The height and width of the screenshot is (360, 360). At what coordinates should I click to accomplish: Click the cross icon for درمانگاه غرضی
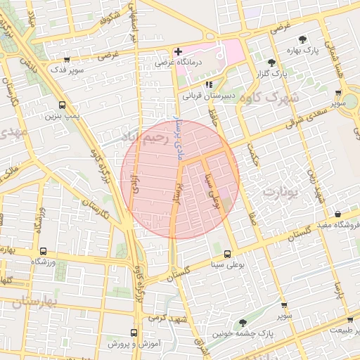[178, 52]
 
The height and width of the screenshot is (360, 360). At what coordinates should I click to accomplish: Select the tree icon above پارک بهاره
[302, 40]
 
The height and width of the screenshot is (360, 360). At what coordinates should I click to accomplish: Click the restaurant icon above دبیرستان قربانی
[208, 84]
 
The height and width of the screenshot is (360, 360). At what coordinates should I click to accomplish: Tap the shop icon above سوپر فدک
[66, 60]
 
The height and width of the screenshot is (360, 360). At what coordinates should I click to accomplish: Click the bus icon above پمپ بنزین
[63, 104]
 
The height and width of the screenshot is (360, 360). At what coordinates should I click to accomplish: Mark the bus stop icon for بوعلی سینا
[226, 254]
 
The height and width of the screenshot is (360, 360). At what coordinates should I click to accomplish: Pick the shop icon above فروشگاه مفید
[337, 214]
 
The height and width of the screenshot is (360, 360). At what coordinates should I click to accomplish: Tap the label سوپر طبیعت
[339, 330]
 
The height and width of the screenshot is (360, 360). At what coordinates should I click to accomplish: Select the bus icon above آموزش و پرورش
[134, 333]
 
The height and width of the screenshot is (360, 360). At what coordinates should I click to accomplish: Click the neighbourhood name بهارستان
[34, 303]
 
